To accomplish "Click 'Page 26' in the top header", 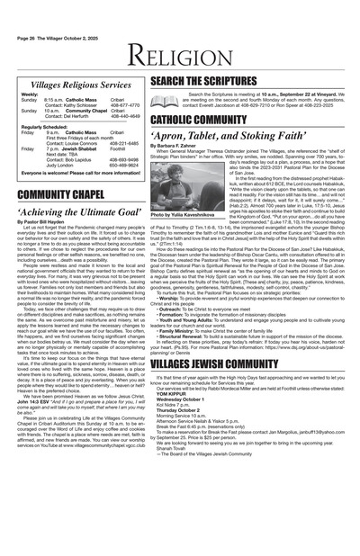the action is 29,8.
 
